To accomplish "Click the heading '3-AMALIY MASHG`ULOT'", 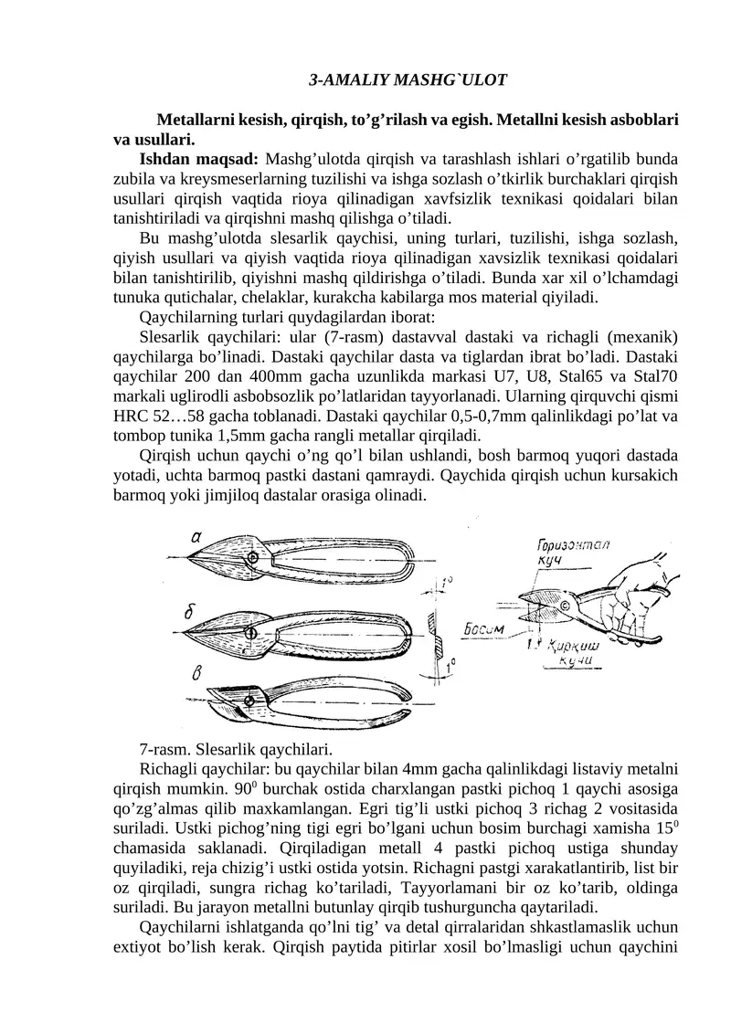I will pos(408,80).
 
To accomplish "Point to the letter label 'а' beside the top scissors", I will pos(196,537).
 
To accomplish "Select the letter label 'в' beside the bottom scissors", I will pos(196,674).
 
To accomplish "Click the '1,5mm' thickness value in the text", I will pos(251,436).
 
